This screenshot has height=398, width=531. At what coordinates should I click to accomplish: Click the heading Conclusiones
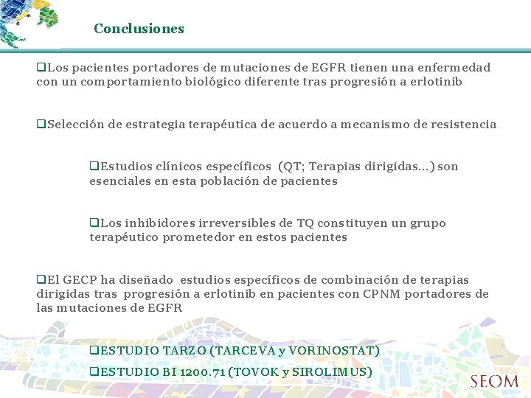coord(139,29)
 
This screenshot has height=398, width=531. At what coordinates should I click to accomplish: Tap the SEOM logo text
coord(494,382)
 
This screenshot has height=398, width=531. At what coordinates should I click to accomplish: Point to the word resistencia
coord(462,125)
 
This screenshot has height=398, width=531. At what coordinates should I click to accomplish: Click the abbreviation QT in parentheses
coord(291,167)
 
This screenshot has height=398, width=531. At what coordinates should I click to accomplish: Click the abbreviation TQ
coord(305,223)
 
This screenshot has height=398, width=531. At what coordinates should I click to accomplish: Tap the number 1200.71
coord(201,372)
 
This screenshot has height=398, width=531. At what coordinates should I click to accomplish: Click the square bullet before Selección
coord(41,125)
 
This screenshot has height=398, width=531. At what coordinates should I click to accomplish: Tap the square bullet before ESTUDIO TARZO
coord(94,351)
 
